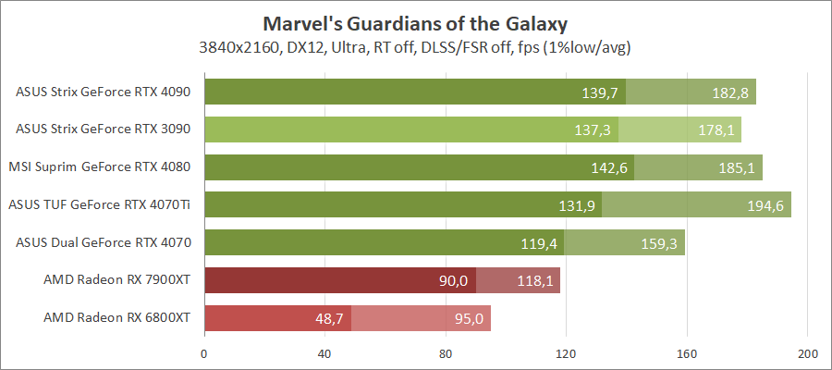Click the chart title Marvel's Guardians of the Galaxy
coord(415,22)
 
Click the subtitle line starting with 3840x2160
coord(415,46)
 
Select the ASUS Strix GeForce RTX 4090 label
coord(104,92)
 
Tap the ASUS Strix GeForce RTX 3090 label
coord(104,129)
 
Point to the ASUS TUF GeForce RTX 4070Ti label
coord(102,204)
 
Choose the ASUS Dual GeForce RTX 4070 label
coord(104,242)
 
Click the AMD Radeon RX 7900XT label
coord(116,280)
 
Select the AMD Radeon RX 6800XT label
coord(116,317)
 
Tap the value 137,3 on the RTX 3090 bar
coord(593,130)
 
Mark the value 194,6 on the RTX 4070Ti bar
coord(765,206)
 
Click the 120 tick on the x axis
coord(566,353)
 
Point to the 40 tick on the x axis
coord(324,353)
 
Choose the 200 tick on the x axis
coord(807,353)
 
